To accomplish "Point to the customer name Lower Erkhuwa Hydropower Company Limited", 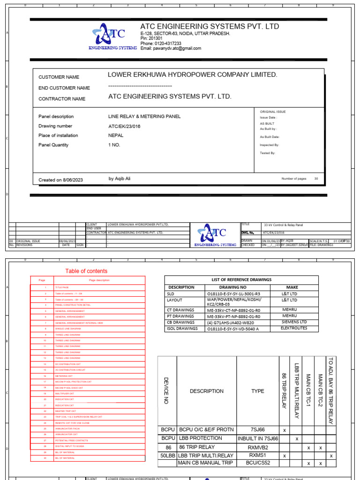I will [192, 75].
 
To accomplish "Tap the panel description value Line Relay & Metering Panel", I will [144, 116].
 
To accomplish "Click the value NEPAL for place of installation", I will [116, 135].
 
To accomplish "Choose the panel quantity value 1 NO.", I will [114, 145].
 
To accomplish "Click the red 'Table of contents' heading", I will [86, 271].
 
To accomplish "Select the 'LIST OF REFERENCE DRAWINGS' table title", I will [241, 279].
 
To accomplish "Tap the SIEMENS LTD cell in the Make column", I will [294, 322].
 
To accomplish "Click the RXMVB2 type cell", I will [257, 447].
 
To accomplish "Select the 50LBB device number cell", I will [167, 455].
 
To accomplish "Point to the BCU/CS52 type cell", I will [257, 463].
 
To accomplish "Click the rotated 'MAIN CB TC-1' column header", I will [308, 390].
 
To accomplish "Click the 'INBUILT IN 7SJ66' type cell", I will [257, 439].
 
